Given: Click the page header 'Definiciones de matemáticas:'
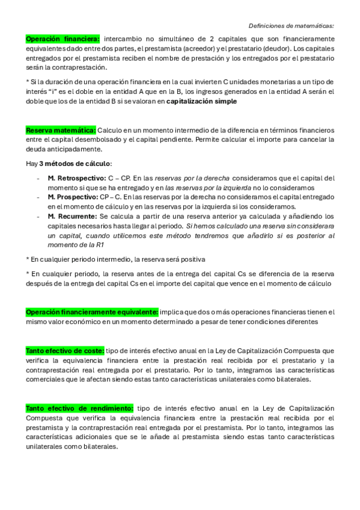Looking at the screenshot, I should pos(291,26).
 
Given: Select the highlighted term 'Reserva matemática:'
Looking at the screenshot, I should pos(61,131).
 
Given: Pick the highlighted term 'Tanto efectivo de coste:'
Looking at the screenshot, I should pos(65,350).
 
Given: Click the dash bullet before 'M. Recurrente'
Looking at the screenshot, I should pos(38,217).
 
